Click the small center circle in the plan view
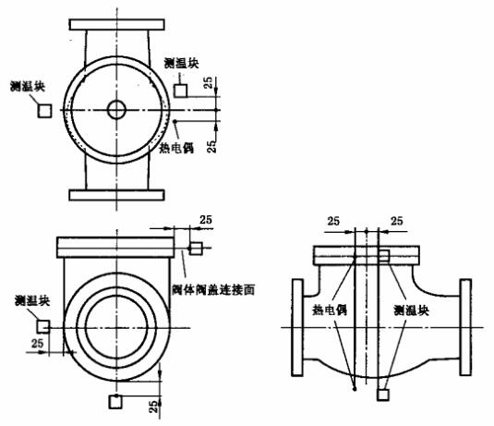click(x=116, y=109)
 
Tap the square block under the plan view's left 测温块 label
click(x=43, y=110)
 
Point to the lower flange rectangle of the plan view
click(x=116, y=195)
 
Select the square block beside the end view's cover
click(x=196, y=249)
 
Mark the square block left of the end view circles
click(x=42, y=325)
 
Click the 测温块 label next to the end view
click(x=30, y=300)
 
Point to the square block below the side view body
click(x=383, y=394)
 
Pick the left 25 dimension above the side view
click(x=333, y=222)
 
